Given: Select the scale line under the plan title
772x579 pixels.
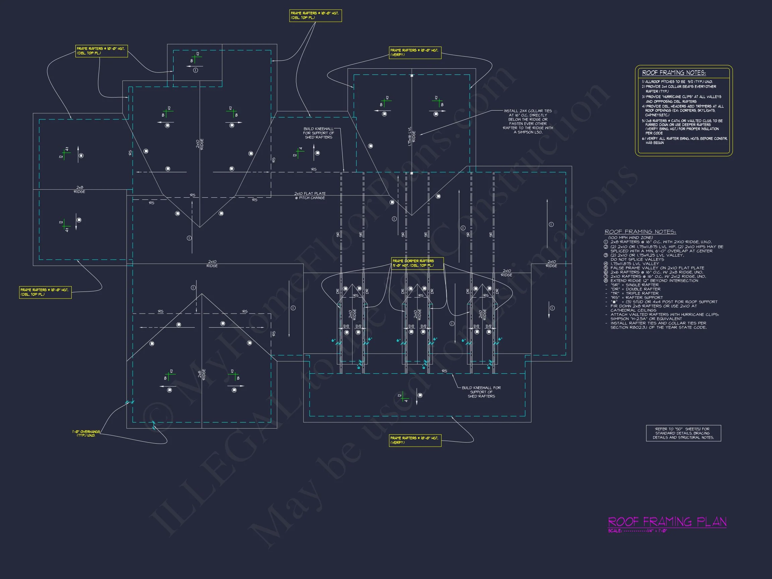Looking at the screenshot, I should (637, 531).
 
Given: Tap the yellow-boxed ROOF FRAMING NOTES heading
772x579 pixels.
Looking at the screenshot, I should (673, 73).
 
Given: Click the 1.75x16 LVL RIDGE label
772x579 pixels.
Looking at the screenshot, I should (412, 136).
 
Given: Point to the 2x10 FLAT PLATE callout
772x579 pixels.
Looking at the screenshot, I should (310, 195).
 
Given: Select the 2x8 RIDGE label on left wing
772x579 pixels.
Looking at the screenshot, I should (79, 190).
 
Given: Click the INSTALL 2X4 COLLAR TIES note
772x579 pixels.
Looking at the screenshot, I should (528, 121).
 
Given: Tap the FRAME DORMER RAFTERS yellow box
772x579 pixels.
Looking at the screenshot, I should (417, 263).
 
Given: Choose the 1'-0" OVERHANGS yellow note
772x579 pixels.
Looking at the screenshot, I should (86, 434).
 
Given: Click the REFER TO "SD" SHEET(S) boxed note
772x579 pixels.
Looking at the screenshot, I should (683, 433).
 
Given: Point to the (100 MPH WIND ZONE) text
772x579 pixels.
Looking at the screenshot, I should (630, 238).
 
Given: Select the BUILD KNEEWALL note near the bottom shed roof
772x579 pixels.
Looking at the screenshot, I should (481, 392).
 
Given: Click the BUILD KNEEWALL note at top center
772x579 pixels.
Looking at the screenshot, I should (318, 133).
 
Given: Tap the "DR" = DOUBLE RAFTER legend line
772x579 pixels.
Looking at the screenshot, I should (635, 289).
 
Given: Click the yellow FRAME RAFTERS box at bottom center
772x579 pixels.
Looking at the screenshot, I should (415, 440).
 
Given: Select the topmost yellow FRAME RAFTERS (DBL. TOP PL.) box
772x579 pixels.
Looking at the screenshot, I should (315, 15).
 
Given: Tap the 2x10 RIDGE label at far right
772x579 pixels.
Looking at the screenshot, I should (552, 263).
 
